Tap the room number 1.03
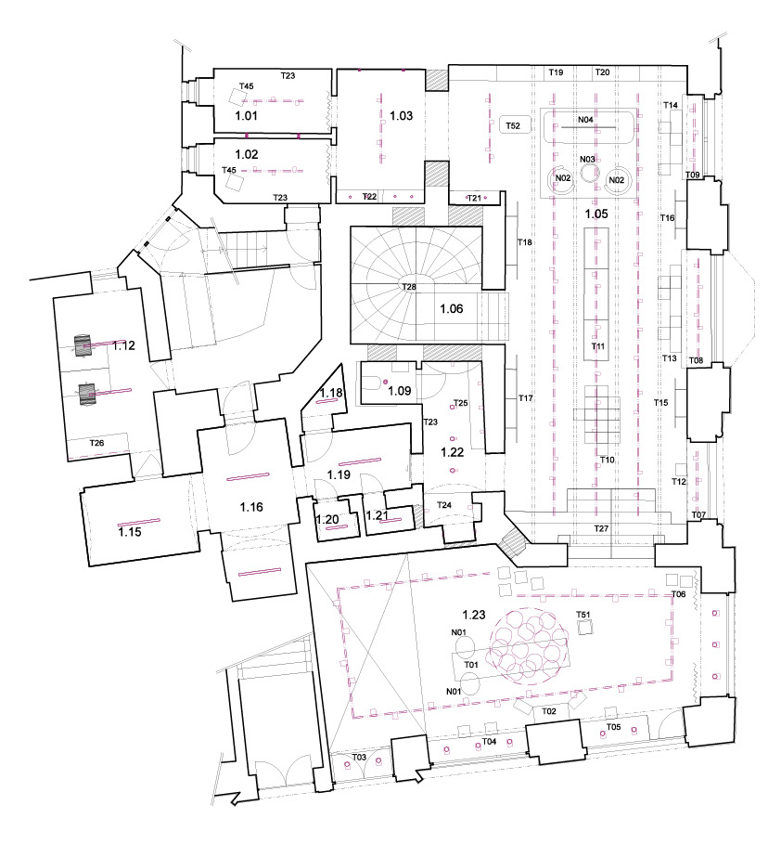coord(401,116)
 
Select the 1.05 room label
coord(596,214)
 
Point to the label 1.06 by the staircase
coord(451,307)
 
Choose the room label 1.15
coord(129,533)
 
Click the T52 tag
coord(512,124)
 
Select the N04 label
coord(585,120)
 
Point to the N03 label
coord(587,160)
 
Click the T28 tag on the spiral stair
coord(408,288)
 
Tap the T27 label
coord(601,527)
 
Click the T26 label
coord(96,444)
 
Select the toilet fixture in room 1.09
coord(371,382)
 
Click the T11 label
coord(598,346)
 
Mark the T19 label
coord(556,71)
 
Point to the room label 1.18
coord(331,394)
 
